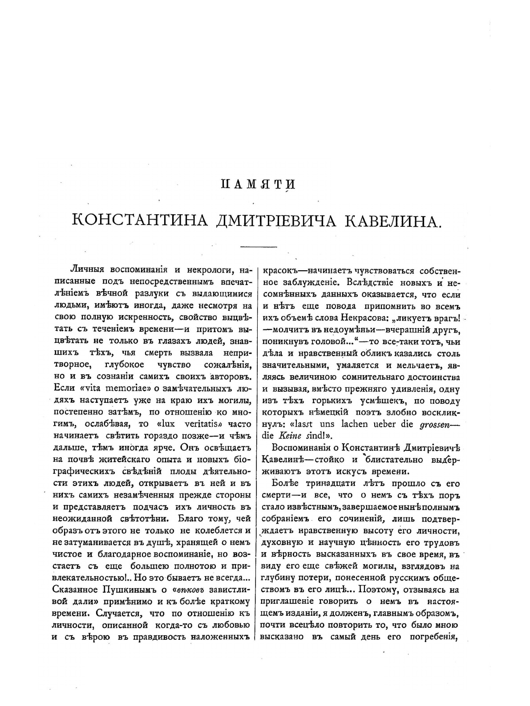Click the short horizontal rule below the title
259,247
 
